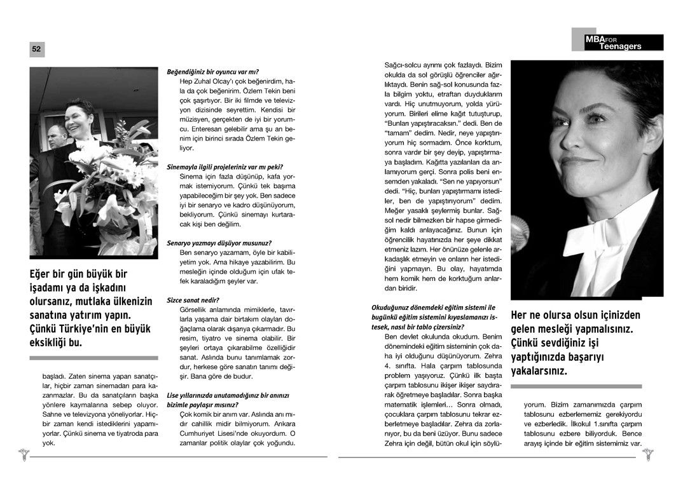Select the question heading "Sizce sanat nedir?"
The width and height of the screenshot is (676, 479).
tap(193, 299)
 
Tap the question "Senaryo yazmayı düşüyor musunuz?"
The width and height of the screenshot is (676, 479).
tap(219, 243)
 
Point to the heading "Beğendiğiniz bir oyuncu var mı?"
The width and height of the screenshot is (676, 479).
tap(212, 72)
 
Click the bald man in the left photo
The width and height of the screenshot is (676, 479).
tap(57, 136)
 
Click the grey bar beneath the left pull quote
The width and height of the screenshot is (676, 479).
tap(93, 358)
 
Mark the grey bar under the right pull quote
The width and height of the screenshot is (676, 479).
tap(576, 386)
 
